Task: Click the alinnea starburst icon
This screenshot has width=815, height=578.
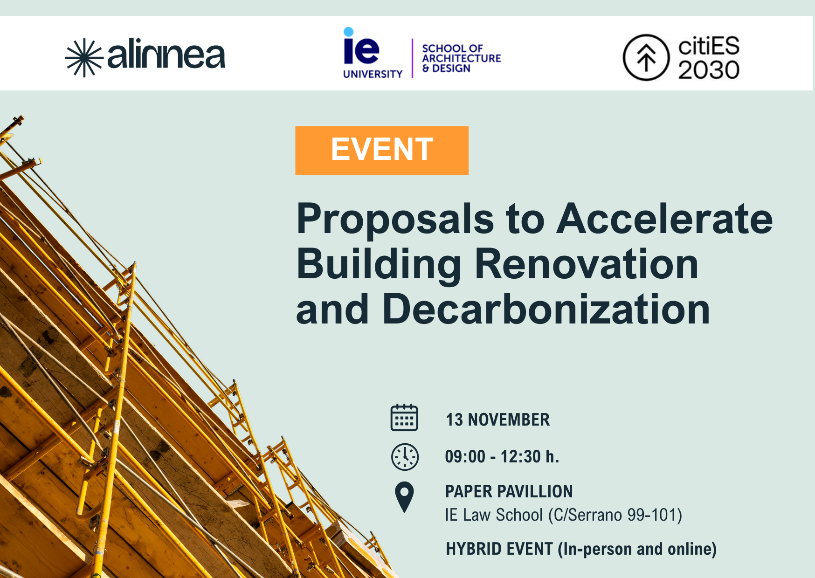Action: pyautogui.click(x=84, y=57)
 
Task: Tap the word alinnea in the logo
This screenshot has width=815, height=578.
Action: pyautogui.click(x=166, y=54)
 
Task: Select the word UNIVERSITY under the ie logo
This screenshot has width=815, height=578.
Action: pyautogui.click(x=373, y=74)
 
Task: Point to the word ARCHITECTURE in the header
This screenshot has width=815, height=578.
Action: pyautogui.click(x=462, y=58)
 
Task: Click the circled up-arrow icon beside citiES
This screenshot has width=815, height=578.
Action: pyautogui.click(x=646, y=57)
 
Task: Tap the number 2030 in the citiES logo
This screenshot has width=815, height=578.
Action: pyautogui.click(x=709, y=70)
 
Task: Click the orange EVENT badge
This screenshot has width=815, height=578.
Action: pyautogui.click(x=382, y=150)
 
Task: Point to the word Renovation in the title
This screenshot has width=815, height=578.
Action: pyautogui.click(x=587, y=264)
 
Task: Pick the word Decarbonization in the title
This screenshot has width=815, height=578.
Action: pyautogui.click(x=546, y=309)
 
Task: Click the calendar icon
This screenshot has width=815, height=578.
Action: pyautogui.click(x=404, y=417)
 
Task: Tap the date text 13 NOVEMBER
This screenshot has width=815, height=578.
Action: pyautogui.click(x=498, y=420)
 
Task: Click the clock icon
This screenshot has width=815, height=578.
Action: pyautogui.click(x=405, y=457)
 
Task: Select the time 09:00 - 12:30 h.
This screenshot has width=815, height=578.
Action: pyautogui.click(x=502, y=456)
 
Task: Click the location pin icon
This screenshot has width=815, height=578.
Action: pyautogui.click(x=404, y=497)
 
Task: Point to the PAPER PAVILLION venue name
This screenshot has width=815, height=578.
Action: pyautogui.click(x=509, y=491)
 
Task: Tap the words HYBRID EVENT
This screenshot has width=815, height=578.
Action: pyautogui.click(x=499, y=549)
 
